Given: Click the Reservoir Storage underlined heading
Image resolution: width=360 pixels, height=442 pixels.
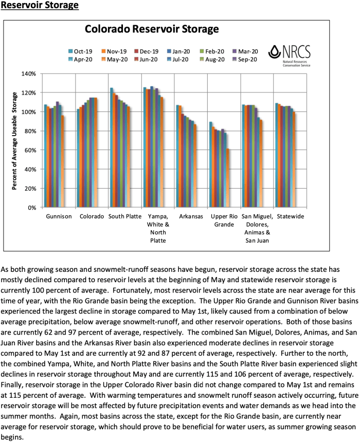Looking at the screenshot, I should pos(40,6).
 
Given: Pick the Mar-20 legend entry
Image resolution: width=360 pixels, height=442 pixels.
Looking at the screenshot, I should pos(245,51).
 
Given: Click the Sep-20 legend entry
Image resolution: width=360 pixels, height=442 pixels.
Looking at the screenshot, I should pos(245,59).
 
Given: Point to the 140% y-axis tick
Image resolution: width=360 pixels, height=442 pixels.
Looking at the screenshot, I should pos(28,74).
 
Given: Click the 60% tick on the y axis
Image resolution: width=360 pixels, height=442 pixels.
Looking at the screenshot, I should pos(29,151).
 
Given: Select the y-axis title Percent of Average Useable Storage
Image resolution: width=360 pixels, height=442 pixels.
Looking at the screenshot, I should pos(15,141).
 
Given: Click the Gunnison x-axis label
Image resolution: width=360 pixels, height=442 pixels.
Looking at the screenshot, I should pos(59,216).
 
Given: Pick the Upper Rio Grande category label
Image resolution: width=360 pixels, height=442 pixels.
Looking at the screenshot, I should pos(225,220).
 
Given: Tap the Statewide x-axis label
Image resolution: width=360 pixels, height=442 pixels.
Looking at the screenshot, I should pos(291,216).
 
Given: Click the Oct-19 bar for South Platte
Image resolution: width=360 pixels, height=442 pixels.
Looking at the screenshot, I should pos(112,148).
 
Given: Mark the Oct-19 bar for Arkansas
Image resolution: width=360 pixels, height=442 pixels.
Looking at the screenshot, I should pos(178,156).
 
